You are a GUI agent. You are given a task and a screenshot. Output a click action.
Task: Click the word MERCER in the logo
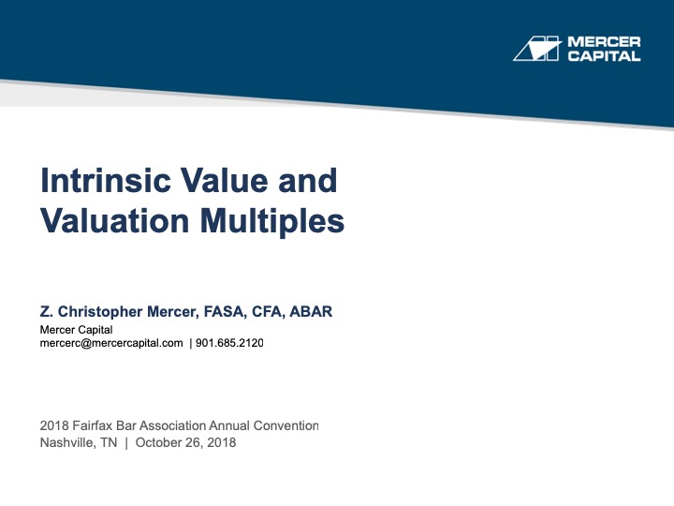point(605,42)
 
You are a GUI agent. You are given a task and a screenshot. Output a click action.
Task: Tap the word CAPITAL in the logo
point(605,56)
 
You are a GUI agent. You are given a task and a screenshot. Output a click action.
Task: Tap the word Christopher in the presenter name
point(103,312)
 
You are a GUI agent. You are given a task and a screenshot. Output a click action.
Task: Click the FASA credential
point(214,312)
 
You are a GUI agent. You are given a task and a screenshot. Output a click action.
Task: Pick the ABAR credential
point(311,312)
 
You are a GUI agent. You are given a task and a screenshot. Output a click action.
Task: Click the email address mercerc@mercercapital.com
point(111,343)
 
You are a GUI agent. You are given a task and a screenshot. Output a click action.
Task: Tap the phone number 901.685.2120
point(229,343)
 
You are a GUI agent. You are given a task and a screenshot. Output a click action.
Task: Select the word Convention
point(285,426)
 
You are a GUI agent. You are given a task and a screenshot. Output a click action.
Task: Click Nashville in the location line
point(69,442)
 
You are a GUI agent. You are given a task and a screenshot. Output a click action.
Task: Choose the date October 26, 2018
point(185,442)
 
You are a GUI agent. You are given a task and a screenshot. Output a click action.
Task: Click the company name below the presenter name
point(76,330)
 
